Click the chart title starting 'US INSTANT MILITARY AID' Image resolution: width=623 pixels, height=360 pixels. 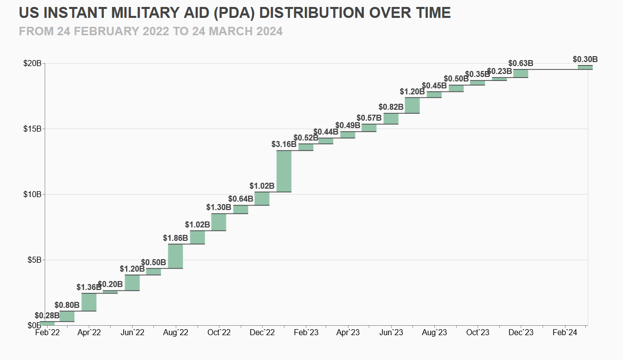pyautogui.click(x=235, y=12)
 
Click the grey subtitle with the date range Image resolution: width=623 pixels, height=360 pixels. pyautogui.click(x=151, y=31)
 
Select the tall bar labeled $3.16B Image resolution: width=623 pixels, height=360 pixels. pyautogui.click(x=284, y=171)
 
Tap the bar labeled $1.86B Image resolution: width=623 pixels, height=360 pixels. pyautogui.click(x=176, y=256)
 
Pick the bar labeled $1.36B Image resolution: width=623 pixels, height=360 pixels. pyautogui.click(x=89, y=302)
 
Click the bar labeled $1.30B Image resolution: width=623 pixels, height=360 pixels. pyautogui.click(x=219, y=222)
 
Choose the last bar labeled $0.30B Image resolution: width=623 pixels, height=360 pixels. pyautogui.click(x=585, y=67)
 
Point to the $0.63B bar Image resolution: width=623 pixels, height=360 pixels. pyautogui.click(x=521, y=73)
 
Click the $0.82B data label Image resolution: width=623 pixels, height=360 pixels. pyautogui.click(x=391, y=107)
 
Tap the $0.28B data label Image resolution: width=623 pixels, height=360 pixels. pyautogui.click(x=47, y=315)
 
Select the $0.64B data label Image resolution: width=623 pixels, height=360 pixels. pyautogui.click(x=241, y=199)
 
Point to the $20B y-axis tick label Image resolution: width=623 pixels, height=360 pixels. pyautogui.click(x=32, y=64)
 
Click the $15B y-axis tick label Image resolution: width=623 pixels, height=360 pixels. pyautogui.click(x=32, y=129)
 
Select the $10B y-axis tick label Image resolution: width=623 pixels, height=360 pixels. pyautogui.click(x=32, y=195)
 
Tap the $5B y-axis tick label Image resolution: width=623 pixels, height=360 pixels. pyautogui.click(x=34, y=260)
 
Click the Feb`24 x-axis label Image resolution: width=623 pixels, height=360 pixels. pyautogui.click(x=565, y=333)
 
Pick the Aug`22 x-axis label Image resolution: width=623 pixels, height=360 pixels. pyautogui.click(x=176, y=333)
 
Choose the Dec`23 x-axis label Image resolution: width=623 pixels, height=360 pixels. pyautogui.click(x=521, y=333)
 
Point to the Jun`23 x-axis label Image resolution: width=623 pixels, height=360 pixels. pyautogui.click(x=392, y=333)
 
